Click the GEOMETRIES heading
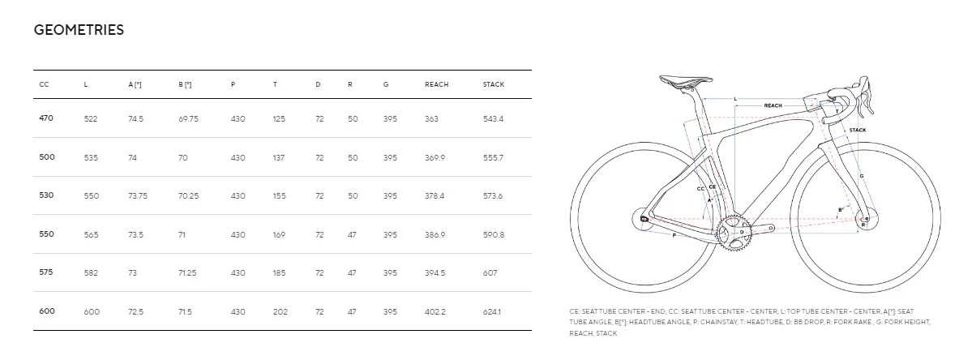coord(79,30)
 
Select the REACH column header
coord(436,84)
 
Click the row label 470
coord(46,118)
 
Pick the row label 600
coord(46,311)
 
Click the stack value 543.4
coord(493,118)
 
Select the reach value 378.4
coord(435,195)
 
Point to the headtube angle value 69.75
coord(188,118)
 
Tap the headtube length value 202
coord(280,311)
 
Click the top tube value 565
coord(91,234)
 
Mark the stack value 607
coord(490,272)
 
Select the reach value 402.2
coord(435,311)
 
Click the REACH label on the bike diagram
coord(773,105)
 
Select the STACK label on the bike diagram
coord(857,130)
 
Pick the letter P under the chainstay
coord(674,235)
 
